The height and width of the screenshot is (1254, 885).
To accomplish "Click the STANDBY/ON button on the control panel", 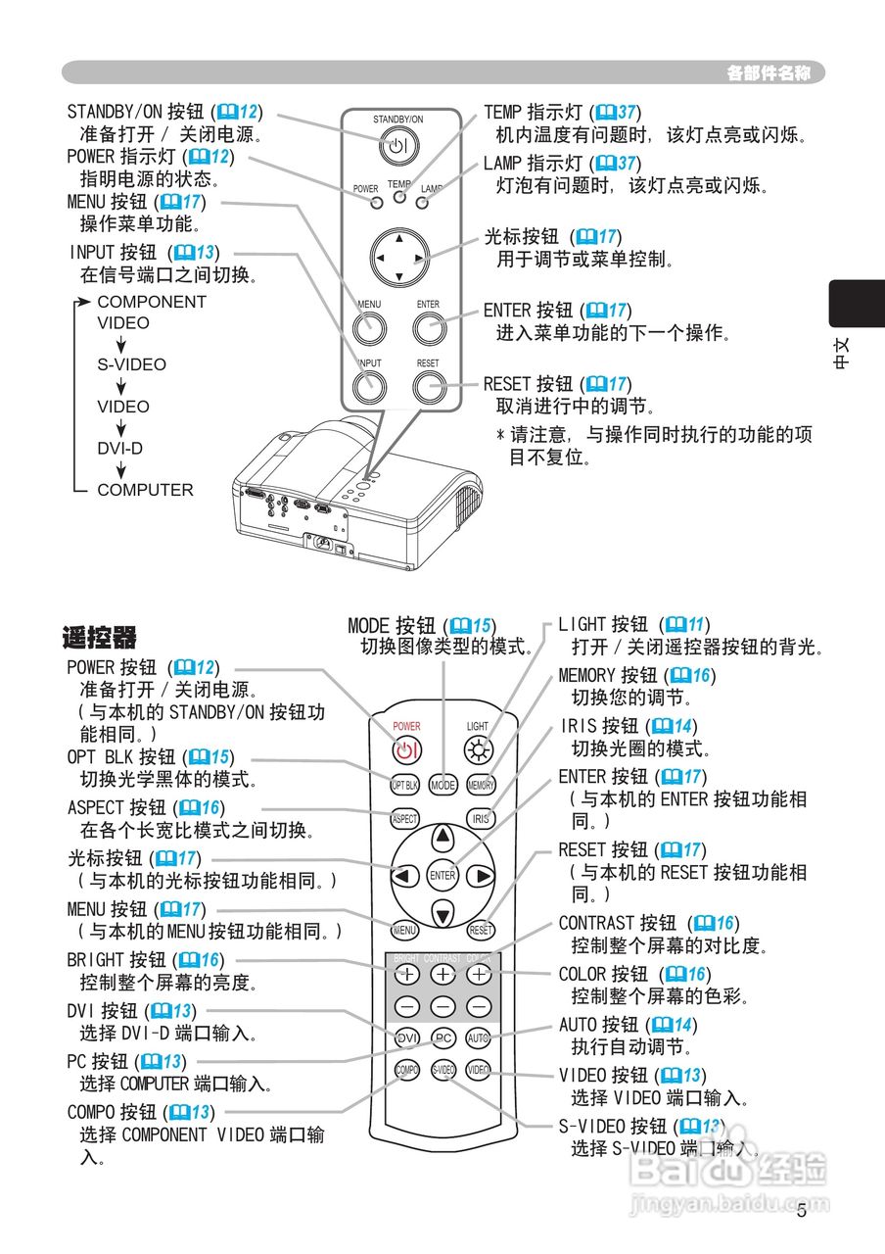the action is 397,148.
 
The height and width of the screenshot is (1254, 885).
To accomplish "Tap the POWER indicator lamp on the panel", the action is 377,204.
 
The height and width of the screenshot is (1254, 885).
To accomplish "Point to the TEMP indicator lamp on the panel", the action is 398,198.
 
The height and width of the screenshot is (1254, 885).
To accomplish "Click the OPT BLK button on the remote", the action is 405,785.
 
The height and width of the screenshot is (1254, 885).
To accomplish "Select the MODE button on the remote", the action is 443,785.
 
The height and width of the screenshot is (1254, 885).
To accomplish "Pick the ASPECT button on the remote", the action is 404,818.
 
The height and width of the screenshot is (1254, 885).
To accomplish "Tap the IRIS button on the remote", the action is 480,818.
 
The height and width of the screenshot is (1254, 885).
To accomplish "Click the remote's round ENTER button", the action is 442,875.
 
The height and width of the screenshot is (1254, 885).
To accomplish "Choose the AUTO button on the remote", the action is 479,1037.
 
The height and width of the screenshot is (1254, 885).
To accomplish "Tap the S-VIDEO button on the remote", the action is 443,1070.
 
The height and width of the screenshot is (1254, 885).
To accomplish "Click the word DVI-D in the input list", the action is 119,449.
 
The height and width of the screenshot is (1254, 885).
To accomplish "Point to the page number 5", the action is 802,1211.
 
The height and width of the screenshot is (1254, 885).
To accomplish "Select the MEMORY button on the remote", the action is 481,785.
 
